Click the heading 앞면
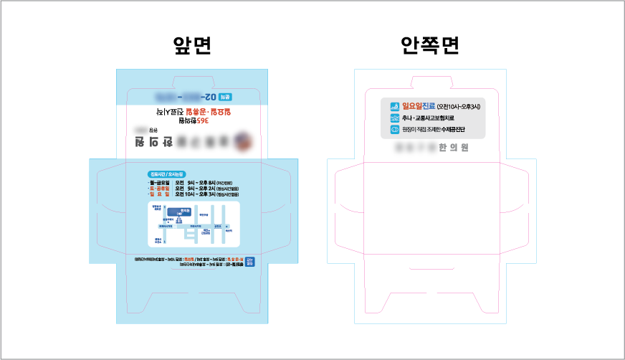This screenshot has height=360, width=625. click(x=192, y=47)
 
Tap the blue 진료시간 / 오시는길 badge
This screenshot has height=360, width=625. click(x=166, y=174)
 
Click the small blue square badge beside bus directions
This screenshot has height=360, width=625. click(x=249, y=262)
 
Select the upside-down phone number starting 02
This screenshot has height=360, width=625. click(x=188, y=96)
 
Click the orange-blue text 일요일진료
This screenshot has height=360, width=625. click(x=418, y=106)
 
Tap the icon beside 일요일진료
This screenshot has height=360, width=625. click(x=394, y=106)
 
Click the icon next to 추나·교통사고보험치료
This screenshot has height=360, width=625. click(x=394, y=118)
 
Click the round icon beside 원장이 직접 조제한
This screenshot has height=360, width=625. click(x=394, y=130)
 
